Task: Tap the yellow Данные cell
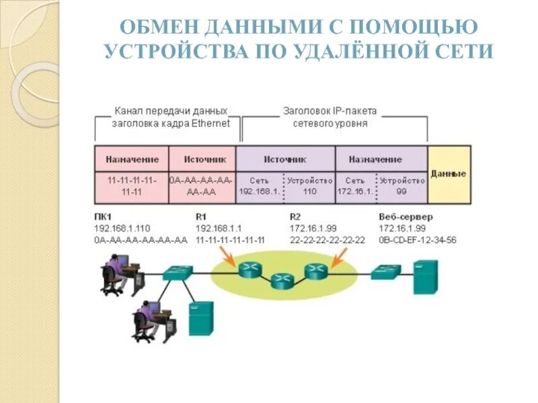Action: point(449,174)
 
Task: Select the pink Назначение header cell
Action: point(132,160)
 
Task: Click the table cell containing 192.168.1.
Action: point(259,186)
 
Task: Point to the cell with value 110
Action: point(309,191)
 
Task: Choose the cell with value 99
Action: point(401,191)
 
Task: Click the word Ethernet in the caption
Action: point(210,124)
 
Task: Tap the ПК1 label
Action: point(103,217)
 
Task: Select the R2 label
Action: point(295,217)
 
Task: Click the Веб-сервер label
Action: point(406,217)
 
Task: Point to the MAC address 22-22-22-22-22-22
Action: point(327,240)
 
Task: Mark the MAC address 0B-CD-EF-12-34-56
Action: point(418,240)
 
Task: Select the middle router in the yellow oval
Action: point(282,281)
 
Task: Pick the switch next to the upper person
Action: point(179,271)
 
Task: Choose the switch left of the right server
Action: point(386,271)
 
